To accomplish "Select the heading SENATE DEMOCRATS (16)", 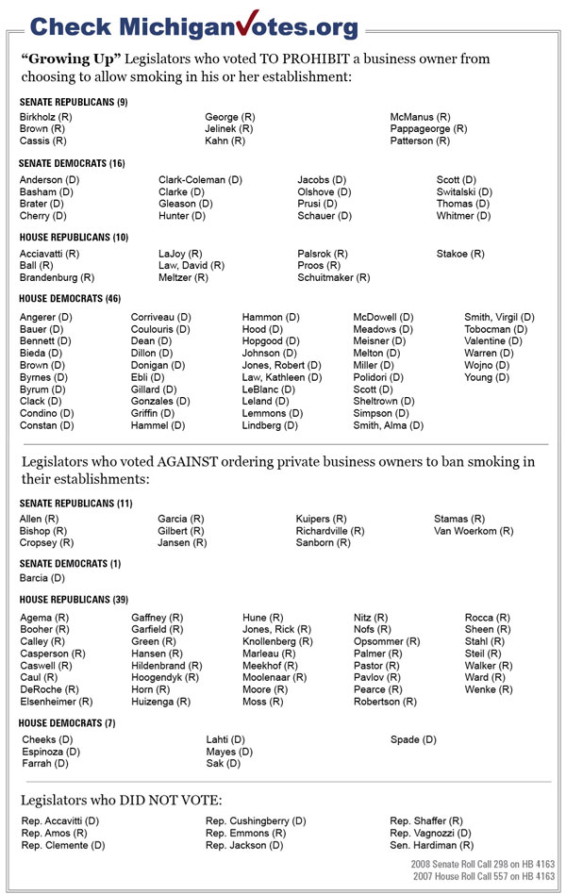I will point(72,163).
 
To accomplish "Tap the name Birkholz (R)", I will point(45,117).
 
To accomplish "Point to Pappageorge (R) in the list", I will point(428,129).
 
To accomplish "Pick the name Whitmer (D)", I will point(463,216).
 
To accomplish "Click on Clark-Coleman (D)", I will point(200,180).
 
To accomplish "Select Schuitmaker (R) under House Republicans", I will point(333,278).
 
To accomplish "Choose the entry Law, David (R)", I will point(191,266).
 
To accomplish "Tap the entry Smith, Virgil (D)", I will point(499,317).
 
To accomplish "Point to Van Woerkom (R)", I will point(474,531).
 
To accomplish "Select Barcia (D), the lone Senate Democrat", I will point(42,577).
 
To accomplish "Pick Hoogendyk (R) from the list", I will point(165,677).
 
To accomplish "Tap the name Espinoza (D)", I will point(51,752).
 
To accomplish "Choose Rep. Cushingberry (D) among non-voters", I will point(256,821).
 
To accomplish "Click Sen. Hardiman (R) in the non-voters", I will point(432,846).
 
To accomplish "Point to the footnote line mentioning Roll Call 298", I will point(483,864).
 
